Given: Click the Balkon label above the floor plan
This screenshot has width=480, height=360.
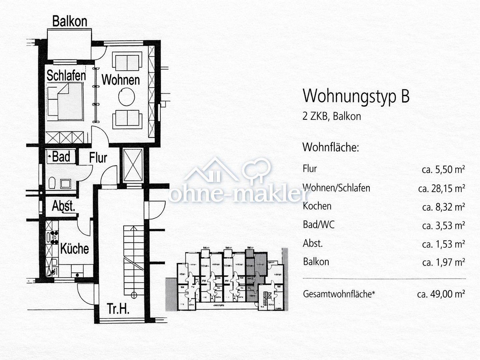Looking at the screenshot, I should click(x=70, y=21).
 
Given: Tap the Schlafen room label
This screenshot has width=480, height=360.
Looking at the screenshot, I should click(x=66, y=75).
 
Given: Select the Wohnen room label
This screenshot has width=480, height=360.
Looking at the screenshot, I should click(x=120, y=80).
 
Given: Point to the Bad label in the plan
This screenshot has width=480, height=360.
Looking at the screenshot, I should click(x=61, y=157).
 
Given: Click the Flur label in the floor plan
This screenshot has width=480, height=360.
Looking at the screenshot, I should click(x=98, y=158).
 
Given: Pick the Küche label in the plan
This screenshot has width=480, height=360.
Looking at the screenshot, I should click(x=74, y=249).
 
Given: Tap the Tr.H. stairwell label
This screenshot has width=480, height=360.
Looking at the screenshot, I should click(x=118, y=309).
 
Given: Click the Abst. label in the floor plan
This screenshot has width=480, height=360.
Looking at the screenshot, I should click(x=63, y=206).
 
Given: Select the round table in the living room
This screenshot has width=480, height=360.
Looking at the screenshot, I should click(x=127, y=97).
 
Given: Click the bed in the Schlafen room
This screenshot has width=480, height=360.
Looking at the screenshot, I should click(x=65, y=101).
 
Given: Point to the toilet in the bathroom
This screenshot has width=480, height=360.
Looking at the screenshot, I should click(x=52, y=183).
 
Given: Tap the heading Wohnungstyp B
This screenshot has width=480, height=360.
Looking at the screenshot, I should click(x=356, y=96).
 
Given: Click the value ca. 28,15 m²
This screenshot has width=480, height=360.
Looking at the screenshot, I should click(x=441, y=188).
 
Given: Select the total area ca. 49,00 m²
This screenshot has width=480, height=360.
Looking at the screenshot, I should click(x=441, y=294).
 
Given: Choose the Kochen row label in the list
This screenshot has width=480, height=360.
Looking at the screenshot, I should click(x=317, y=206).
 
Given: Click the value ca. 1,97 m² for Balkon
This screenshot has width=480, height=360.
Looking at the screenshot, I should click(x=443, y=262).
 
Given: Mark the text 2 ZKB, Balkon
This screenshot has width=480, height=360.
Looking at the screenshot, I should click(x=332, y=116).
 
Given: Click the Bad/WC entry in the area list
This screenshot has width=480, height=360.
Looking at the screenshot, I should click(x=318, y=225).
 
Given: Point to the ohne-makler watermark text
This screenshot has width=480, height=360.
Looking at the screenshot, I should click(x=238, y=194).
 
